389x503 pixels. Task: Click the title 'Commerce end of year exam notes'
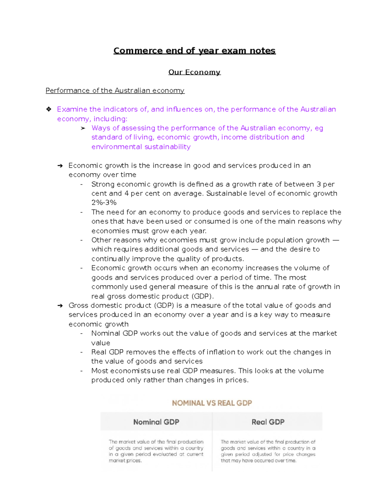click(x=194, y=51)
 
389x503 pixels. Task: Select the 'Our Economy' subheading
click(x=194, y=72)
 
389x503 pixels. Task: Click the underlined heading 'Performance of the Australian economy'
click(x=115, y=91)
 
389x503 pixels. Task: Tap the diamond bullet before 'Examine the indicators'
click(x=49, y=109)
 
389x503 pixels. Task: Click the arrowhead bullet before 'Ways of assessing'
click(x=83, y=128)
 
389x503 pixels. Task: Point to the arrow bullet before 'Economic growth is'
click(x=60, y=166)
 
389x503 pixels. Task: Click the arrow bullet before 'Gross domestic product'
click(x=60, y=306)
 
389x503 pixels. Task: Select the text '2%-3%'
click(x=104, y=203)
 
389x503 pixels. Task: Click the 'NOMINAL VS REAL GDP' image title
click(x=212, y=403)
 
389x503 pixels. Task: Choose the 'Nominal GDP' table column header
click(x=156, y=422)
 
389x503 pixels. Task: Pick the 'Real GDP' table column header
click(x=268, y=422)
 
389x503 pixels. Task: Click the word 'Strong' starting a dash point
click(x=103, y=184)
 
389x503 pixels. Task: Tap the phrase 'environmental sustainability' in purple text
click(x=141, y=147)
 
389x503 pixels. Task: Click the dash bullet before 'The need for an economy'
click(x=82, y=212)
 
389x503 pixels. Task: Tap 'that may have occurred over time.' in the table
click(x=258, y=461)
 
